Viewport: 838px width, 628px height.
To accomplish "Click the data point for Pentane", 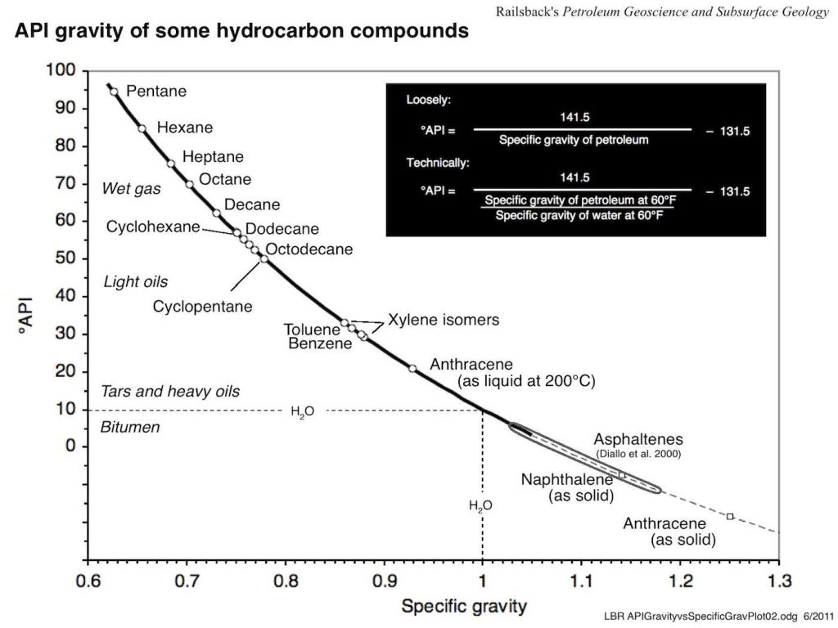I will click(114, 92).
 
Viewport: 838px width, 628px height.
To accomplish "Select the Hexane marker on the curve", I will click(142, 128).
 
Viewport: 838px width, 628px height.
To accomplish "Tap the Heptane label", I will click(213, 157).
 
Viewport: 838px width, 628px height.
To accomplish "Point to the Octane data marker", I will click(189, 184).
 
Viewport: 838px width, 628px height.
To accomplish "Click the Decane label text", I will click(252, 204).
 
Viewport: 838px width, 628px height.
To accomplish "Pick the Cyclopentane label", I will click(202, 307).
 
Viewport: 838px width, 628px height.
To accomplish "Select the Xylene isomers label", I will click(443, 320).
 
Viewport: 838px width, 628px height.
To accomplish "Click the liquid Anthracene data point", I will click(412, 368).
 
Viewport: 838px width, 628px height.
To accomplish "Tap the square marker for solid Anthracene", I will click(730, 516).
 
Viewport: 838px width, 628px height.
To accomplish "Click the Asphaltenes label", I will click(638, 439).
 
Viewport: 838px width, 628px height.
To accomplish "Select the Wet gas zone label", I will click(131, 189).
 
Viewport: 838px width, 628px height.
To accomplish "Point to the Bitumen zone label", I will click(129, 428).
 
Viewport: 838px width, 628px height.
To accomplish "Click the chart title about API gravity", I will click(241, 32).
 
